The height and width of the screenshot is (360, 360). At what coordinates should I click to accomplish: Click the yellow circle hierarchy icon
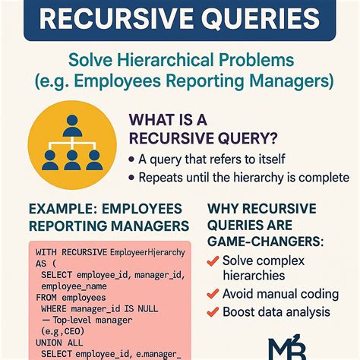point(72,146)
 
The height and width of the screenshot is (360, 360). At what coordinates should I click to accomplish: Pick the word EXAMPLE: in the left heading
point(61,208)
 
